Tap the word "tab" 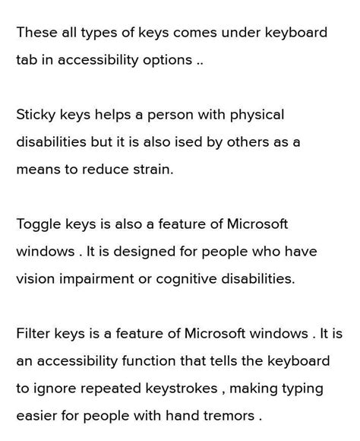click(x=28, y=60)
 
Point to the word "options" click(x=166, y=60)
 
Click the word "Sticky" click(x=37, y=115)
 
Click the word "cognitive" click(x=185, y=279)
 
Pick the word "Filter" click(x=33, y=334)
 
